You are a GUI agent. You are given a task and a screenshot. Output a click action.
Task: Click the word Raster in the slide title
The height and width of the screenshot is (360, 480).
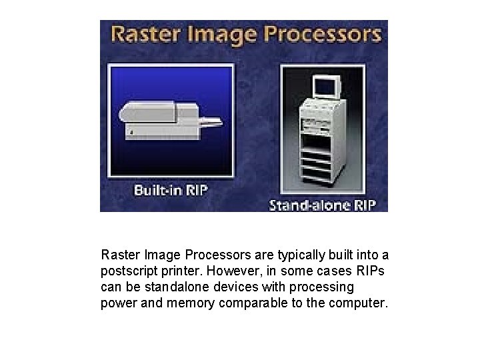[142, 34]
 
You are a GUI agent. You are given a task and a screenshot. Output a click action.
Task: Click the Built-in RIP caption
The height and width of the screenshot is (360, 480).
[171, 190]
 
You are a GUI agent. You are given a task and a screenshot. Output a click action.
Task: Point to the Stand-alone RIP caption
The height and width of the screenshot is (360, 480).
[326, 205]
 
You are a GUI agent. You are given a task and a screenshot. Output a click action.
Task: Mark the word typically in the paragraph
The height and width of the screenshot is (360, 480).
[291, 256]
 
